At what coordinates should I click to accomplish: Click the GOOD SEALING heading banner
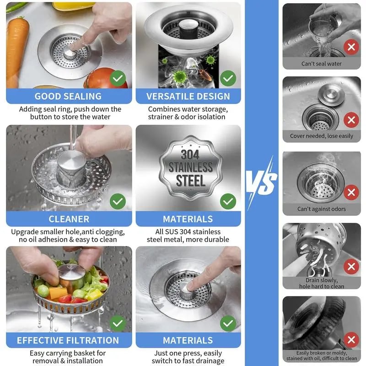68,96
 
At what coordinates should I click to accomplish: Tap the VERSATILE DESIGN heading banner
188,96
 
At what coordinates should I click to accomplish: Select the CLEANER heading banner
68,219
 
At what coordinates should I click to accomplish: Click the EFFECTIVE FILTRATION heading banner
68,340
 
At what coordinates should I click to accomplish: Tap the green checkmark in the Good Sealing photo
118,79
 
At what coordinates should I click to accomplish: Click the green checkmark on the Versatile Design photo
228,79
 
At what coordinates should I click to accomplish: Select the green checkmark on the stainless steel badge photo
228,201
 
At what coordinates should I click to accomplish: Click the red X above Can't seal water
351,47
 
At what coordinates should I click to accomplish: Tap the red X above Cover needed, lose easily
351,120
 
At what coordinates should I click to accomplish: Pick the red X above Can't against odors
351,193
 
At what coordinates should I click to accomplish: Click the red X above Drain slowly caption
351,266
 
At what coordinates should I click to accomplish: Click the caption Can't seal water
321,64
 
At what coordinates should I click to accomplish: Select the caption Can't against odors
321,209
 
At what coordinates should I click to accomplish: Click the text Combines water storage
188,109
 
